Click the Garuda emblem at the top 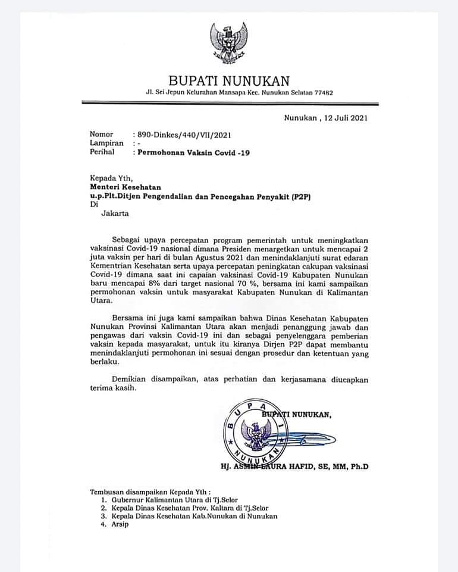[x=228, y=43]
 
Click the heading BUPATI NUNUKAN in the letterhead [x=229, y=80]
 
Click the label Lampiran [x=106, y=143]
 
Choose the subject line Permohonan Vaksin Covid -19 [x=194, y=153]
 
